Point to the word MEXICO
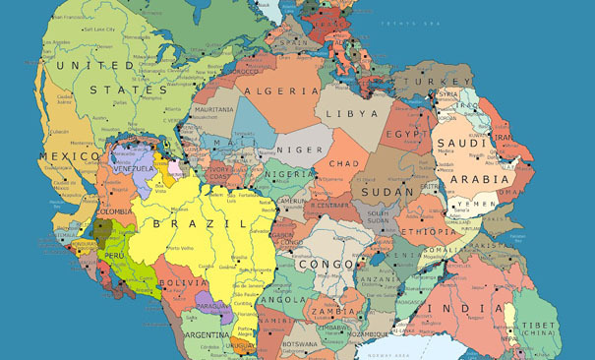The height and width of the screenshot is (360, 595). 70,155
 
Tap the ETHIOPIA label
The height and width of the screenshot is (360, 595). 431,232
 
